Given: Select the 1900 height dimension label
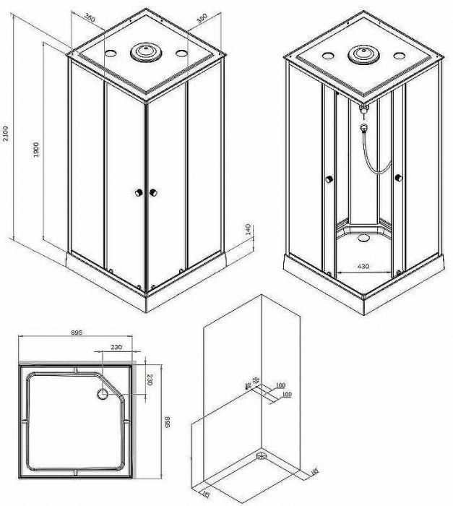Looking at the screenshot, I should tap(35, 150).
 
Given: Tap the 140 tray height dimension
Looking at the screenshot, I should tap(248, 230).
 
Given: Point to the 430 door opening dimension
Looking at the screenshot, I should tap(363, 267).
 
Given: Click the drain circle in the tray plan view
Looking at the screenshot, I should tap(101, 395).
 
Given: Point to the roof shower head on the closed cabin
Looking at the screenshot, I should tap(144, 52).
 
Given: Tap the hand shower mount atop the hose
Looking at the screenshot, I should tap(364, 109).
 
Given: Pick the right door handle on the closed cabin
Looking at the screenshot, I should tap(153, 193).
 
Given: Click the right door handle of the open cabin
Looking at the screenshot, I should tap(397, 178).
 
